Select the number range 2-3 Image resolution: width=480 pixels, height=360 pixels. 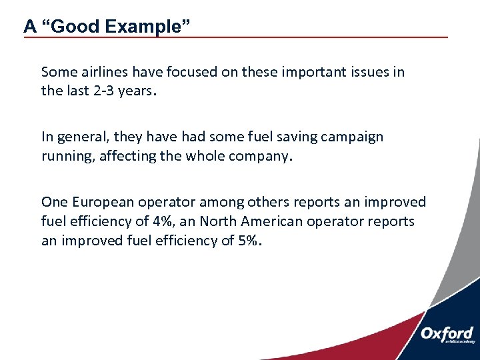101,91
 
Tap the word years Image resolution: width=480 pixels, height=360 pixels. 136,91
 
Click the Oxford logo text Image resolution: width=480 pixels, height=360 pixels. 446,333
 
